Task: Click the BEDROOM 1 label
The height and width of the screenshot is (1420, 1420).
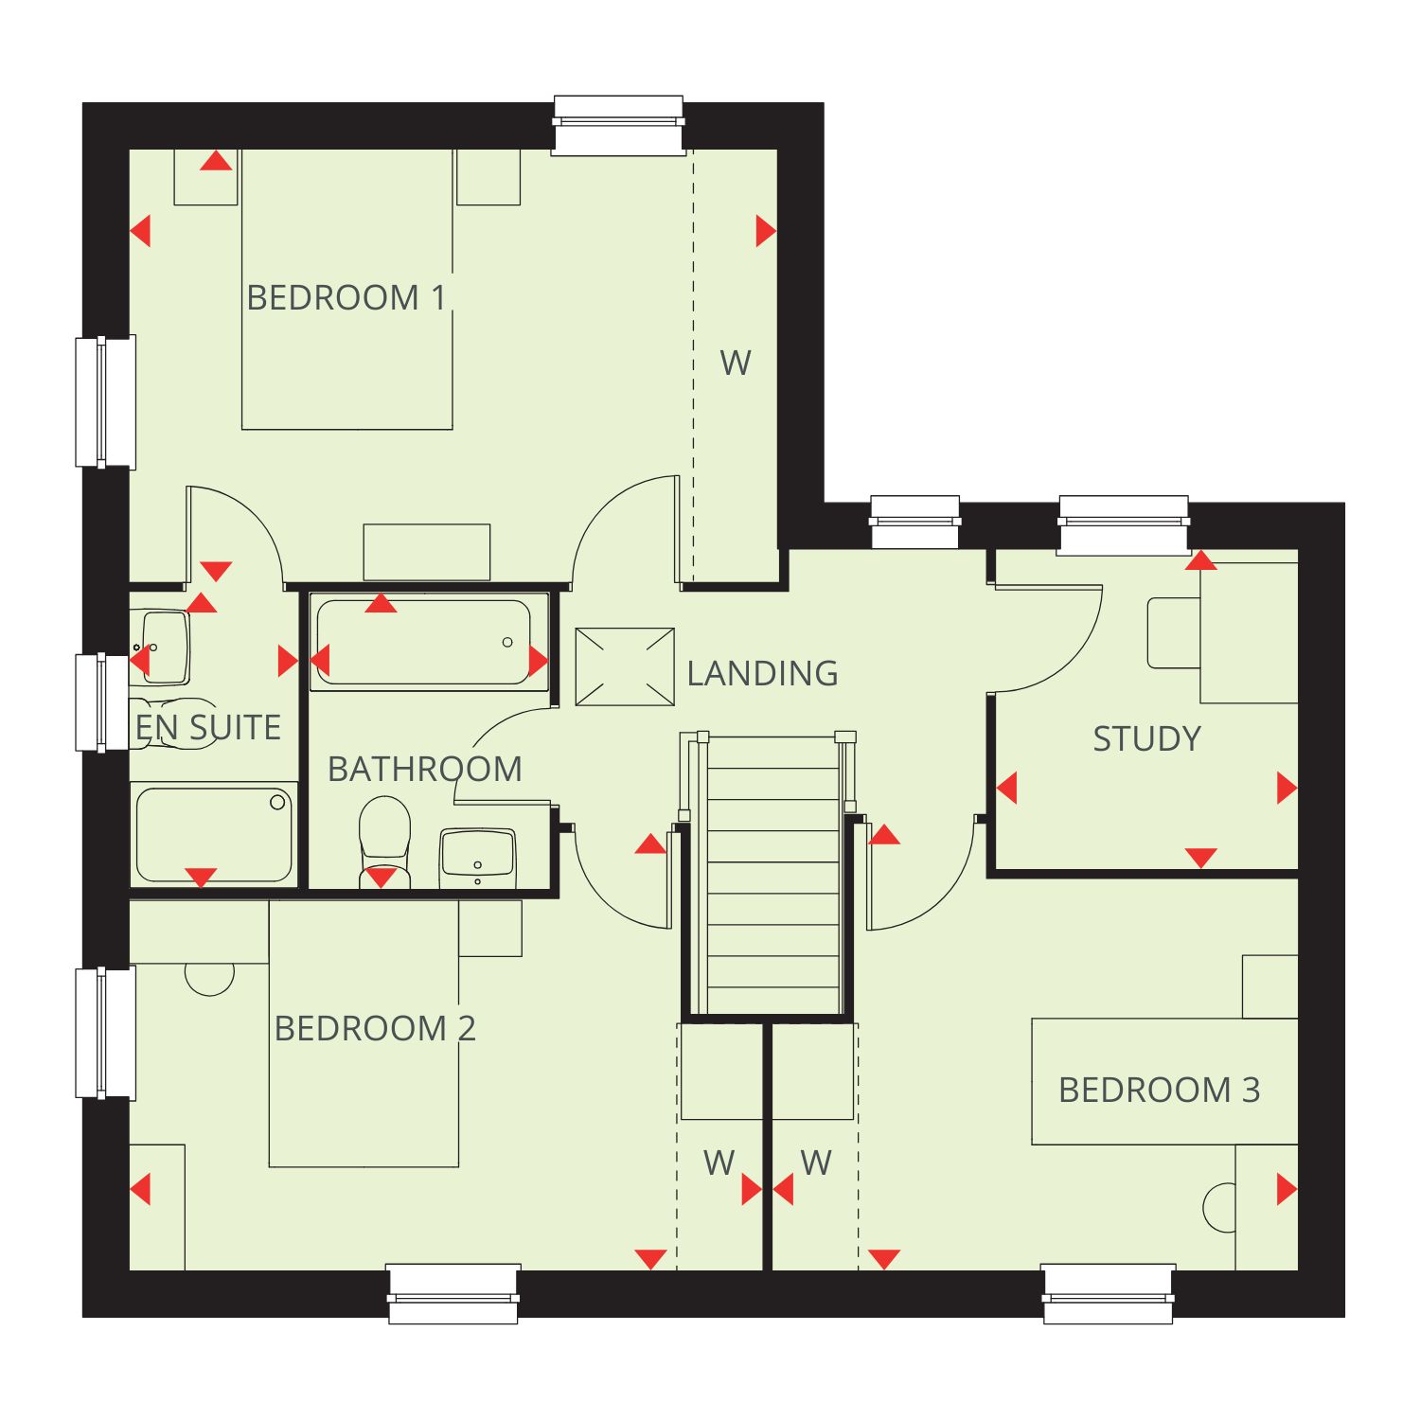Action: [x=346, y=297]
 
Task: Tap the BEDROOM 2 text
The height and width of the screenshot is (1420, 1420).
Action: [x=375, y=1028]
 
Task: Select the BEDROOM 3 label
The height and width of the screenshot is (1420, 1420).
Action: [x=1160, y=1090]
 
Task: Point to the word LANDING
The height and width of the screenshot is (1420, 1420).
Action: [x=762, y=673]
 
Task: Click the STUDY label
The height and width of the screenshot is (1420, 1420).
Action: [x=1147, y=738]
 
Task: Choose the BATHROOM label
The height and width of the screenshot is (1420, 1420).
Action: [x=425, y=769]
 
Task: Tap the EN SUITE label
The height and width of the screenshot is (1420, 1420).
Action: [x=208, y=727]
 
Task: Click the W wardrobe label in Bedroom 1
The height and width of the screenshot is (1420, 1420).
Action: [x=736, y=363]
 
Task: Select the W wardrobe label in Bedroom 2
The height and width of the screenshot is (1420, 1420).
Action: [x=719, y=1163]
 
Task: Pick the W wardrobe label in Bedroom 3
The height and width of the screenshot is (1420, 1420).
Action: [x=816, y=1163]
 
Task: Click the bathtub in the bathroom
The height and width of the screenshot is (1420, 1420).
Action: [x=429, y=642]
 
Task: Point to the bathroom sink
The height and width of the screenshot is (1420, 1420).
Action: [x=477, y=859]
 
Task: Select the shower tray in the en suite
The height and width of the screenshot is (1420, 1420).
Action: [x=214, y=834]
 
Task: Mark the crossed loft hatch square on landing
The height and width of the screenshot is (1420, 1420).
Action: [x=625, y=666]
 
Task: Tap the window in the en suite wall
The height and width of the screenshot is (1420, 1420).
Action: [x=103, y=702]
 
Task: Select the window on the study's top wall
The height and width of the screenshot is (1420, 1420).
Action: [x=1124, y=524]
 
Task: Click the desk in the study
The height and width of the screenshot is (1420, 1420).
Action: [x=1249, y=633]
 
